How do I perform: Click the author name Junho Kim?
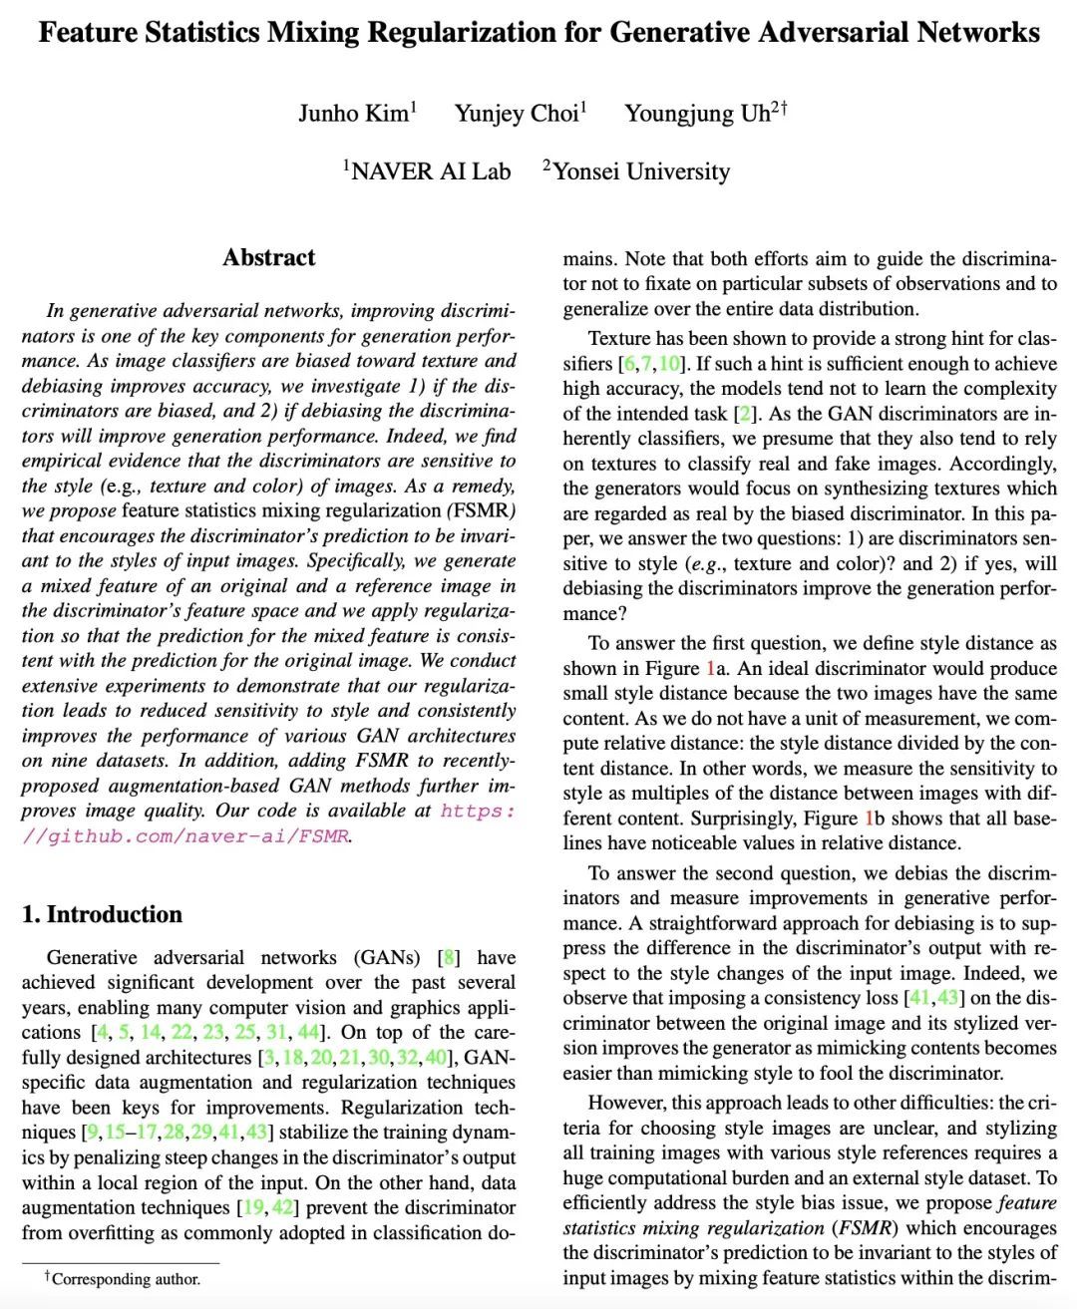[x=354, y=114]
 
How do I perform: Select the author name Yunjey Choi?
[x=517, y=114]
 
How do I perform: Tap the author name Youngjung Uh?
[x=698, y=114]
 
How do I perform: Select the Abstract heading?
[x=268, y=257]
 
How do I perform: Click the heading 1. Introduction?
[x=102, y=914]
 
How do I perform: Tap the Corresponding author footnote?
[x=126, y=1279]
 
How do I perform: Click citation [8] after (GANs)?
[x=450, y=958]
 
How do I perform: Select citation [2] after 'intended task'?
[x=744, y=414]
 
